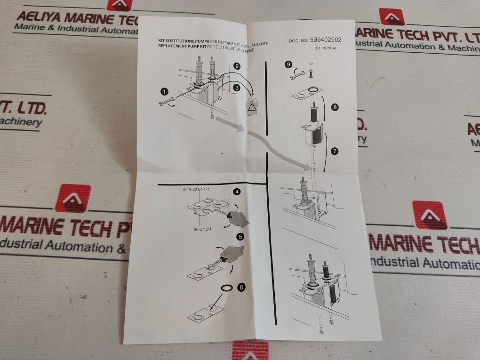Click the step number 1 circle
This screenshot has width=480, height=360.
(164, 91)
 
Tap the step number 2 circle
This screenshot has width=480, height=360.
(237, 67)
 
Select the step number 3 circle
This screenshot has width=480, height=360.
(237, 87)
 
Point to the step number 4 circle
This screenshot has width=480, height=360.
(238, 192)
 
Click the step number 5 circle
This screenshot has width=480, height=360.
(240, 237)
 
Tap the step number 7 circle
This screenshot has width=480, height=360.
(335, 151)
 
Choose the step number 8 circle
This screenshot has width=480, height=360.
(335, 107)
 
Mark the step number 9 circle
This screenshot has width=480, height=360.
(288, 64)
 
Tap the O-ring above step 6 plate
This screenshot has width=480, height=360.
(226, 288)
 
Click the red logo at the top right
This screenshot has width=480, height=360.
(392, 17)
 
